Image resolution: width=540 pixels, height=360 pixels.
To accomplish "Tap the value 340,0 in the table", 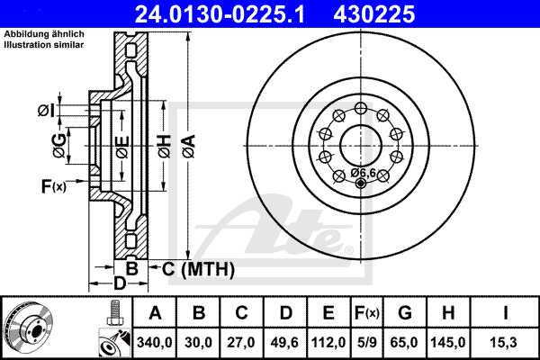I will tap(155, 343).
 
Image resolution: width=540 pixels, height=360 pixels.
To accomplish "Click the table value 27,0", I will tap(241, 343).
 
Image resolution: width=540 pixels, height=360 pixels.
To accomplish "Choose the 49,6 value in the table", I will tap(284, 343).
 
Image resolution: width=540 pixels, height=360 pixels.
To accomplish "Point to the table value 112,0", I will tap(328, 343).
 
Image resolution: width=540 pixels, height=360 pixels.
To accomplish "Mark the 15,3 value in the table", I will tap(506, 343).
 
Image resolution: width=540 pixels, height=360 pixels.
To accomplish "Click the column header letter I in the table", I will tap(506, 313).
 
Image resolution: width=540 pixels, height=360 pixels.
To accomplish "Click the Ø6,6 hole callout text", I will tap(363, 172).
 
